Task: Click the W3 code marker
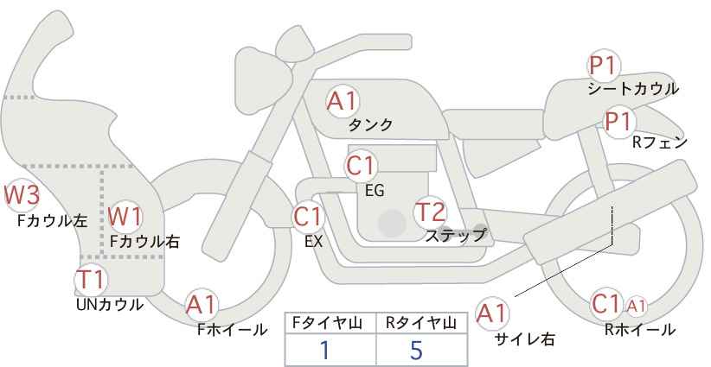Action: [22, 195]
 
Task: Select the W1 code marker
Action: [125, 216]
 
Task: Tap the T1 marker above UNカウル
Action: [91, 280]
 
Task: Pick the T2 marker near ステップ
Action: [430, 212]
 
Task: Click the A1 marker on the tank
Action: [343, 101]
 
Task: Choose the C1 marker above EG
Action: [361, 166]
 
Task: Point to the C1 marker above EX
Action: [308, 218]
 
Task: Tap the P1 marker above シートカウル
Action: [604, 66]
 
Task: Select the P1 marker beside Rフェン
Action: [619, 121]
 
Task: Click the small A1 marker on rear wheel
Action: [637, 307]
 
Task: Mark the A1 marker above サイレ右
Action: [492, 313]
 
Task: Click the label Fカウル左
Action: [52, 221]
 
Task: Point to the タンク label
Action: [370, 124]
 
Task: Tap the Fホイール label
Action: [233, 330]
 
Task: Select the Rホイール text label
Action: [640, 330]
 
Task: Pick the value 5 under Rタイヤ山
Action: [416, 350]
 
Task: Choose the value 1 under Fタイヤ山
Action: [324, 350]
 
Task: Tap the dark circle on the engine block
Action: [392, 223]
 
